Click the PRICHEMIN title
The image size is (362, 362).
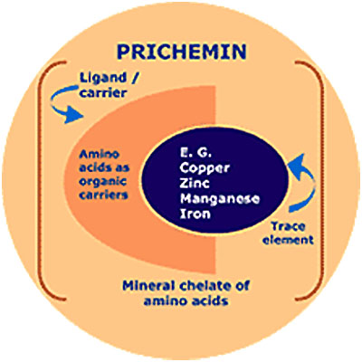point(182,52)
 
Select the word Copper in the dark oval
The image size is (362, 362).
point(205,168)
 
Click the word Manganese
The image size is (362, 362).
point(220,199)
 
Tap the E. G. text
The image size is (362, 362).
point(195,153)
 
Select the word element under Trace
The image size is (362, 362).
point(288,240)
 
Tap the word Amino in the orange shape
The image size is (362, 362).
point(99,155)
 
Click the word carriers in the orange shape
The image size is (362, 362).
point(103,195)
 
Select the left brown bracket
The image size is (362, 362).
point(40,181)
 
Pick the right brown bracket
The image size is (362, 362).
point(323,181)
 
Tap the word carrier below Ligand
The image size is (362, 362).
point(102,92)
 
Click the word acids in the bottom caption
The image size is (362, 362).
point(209,300)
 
